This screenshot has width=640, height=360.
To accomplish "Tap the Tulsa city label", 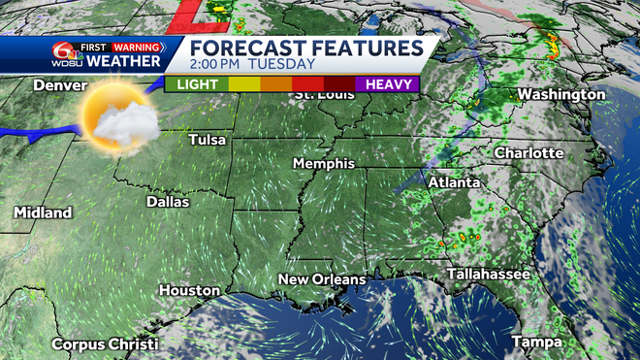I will [208, 140].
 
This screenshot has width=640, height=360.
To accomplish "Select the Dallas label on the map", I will [167, 202].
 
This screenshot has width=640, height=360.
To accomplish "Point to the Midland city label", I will [43, 212].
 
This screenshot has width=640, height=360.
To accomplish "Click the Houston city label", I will [183, 290].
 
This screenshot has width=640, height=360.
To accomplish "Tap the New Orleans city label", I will [322, 279].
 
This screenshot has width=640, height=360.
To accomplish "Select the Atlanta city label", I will [455, 182].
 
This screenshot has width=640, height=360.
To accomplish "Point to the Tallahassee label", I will [489, 275].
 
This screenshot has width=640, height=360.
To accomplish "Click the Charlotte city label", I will [528, 153].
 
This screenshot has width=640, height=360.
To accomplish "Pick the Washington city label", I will [561, 94].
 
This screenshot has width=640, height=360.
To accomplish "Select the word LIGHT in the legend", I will [198, 84].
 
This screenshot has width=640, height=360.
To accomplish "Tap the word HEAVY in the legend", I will [386, 84].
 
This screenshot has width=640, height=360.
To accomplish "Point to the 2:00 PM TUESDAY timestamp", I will [251, 65].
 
